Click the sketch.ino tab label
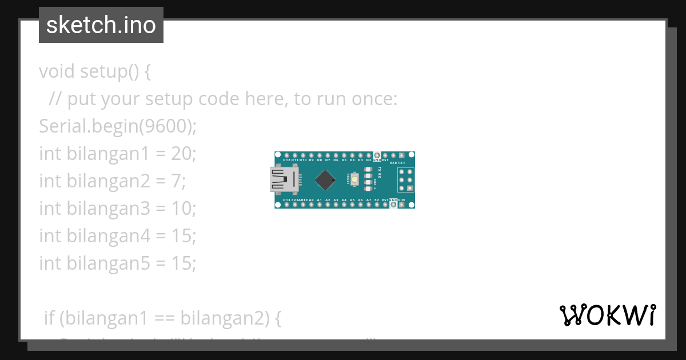(101, 25)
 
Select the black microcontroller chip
(325, 180)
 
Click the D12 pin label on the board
(286, 161)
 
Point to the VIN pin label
(401, 200)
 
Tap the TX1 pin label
(401, 162)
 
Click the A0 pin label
(312, 200)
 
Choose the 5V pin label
(377, 200)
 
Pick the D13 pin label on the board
(286, 200)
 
